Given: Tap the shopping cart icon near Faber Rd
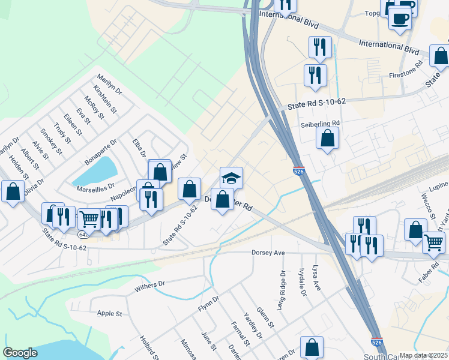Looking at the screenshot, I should coord(433,242).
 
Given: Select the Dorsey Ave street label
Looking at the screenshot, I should coord(268,253).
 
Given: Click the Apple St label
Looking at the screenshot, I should coord(109,313).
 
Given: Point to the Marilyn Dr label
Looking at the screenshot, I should coord(110,85).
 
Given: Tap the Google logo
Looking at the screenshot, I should coord(20,353).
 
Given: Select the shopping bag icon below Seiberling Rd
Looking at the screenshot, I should coord(328,139).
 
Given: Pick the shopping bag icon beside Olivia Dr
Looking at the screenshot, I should coord(13,191).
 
